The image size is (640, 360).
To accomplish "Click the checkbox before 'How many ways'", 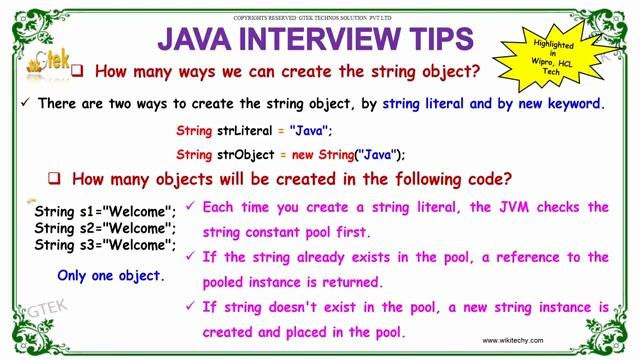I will coord(102,72).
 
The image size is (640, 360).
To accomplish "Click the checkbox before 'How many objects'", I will coord(56,179).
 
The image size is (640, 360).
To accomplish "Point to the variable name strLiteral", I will coord(245,130).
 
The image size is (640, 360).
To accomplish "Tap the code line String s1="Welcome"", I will coord(105,212).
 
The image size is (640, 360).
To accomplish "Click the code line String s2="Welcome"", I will coord(105,228).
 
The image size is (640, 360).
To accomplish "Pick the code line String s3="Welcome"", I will coord(105,244).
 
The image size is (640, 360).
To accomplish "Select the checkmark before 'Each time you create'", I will coord(191,208).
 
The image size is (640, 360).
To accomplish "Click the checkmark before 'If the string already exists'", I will coord(191,257).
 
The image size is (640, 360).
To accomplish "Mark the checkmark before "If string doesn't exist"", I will coord(191,306).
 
